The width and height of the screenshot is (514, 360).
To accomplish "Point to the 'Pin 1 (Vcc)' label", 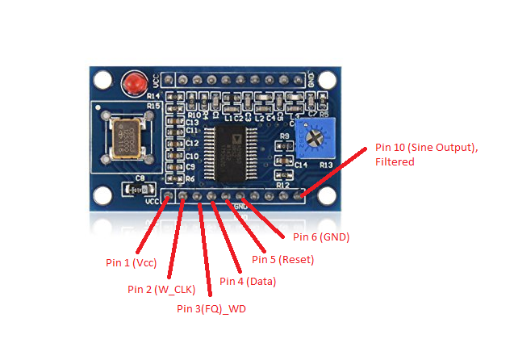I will pos(132,263).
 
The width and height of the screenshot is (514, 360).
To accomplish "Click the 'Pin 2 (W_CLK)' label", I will pos(162,288).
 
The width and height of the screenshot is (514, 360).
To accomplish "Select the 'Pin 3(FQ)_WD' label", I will pos(212,308).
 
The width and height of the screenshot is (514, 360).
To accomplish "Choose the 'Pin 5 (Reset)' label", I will pos(282,259).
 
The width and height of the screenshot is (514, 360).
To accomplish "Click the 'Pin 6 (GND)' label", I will pos(320,237).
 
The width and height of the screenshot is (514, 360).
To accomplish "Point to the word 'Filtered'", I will pos(394,162).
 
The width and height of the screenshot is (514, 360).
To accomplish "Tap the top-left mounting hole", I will pos(102,80).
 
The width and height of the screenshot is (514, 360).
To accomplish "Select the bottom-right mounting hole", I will pos(325,195).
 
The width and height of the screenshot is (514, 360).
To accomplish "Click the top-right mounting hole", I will pos(325,79).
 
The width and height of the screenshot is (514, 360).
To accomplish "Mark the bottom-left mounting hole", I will pos(102,195).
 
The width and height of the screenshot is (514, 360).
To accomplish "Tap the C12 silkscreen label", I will pos(192,143).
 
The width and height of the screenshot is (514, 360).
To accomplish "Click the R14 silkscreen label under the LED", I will pos(153,95).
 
